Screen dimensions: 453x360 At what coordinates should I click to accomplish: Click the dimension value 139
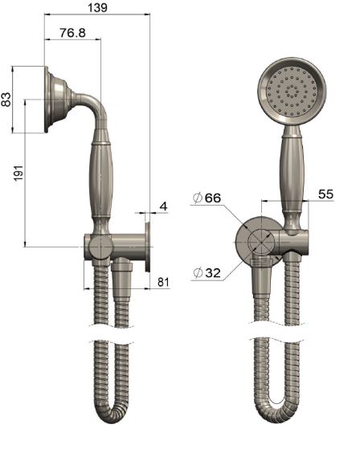pos(96,7)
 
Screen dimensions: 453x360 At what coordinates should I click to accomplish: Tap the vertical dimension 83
pos(7,100)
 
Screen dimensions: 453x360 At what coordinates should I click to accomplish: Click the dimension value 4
pos(163,206)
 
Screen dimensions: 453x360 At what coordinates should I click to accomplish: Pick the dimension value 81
pos(163,282)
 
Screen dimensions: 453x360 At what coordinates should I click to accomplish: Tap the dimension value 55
pos(325,194)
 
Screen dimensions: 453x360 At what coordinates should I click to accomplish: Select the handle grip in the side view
pos(100,181)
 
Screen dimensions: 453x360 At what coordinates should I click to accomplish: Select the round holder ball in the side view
pos(98,247)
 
